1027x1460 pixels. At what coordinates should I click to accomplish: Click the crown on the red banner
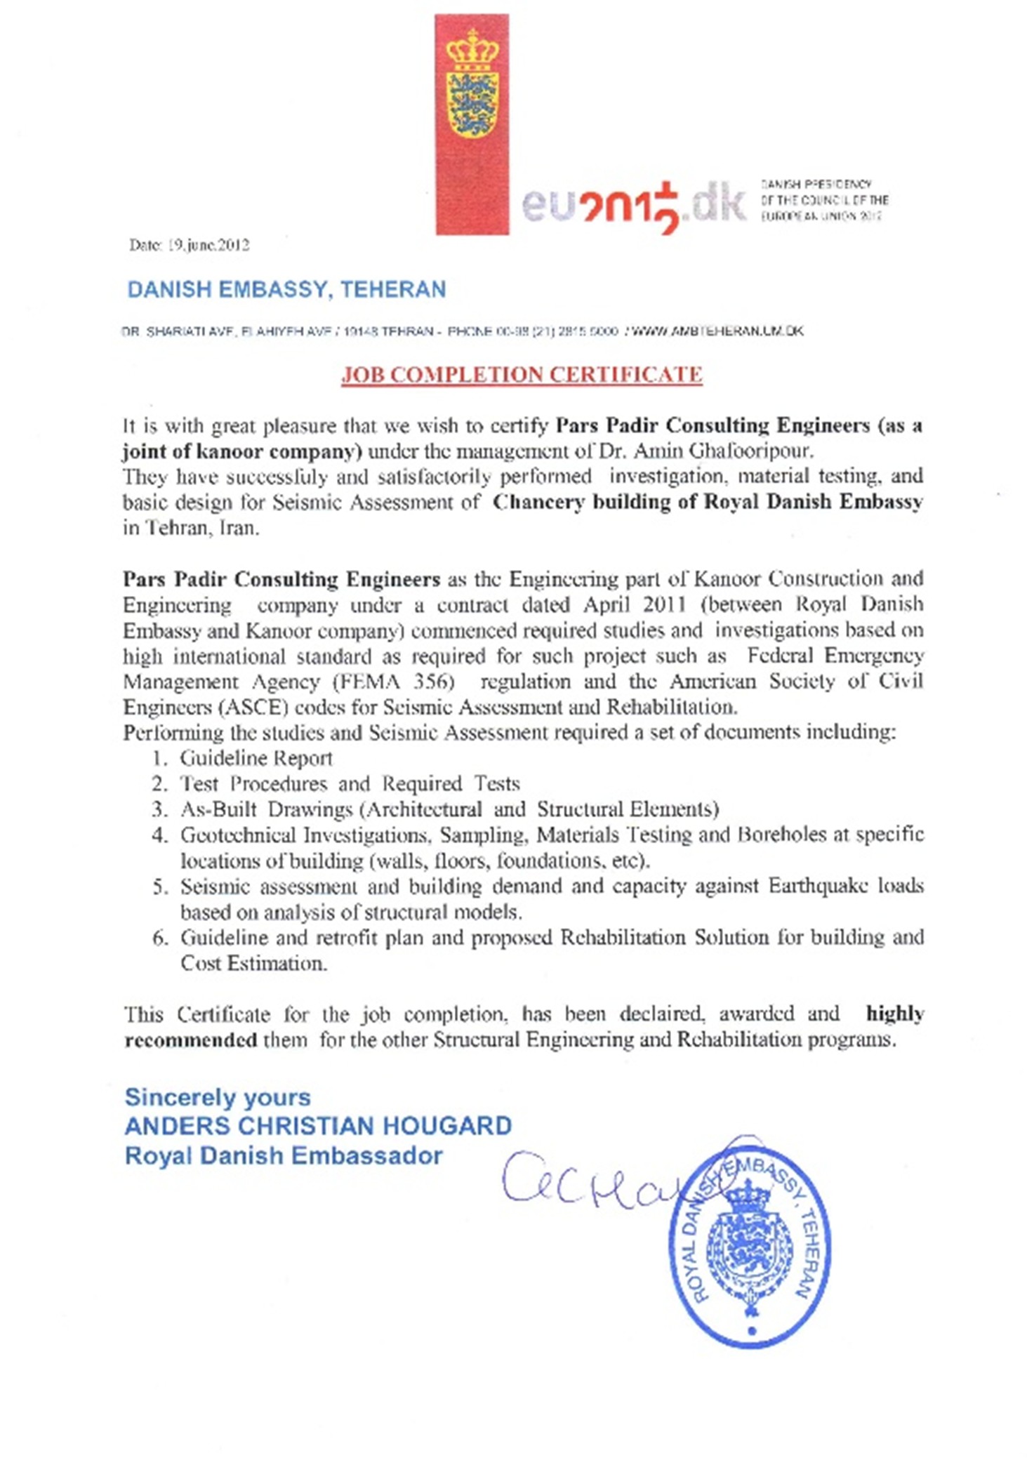pos(472,51)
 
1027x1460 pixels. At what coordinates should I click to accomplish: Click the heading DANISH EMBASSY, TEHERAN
pos(286,289)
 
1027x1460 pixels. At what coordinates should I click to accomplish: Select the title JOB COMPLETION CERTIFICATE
pos(522,374)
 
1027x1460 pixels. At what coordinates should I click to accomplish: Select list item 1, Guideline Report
pos(256,758)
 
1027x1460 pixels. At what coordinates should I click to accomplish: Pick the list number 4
pos(159,835)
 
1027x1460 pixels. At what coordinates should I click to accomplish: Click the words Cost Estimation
pos(253,963)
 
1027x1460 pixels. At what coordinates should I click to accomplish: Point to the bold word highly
pos(894,1014)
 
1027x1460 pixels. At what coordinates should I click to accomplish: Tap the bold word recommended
pos(191,1040)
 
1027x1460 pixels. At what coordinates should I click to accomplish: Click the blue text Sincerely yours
pos(218,1097)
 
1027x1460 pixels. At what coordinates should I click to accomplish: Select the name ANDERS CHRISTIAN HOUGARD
pos(318,1126)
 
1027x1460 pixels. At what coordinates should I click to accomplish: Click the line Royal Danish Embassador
pos(284,1155)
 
